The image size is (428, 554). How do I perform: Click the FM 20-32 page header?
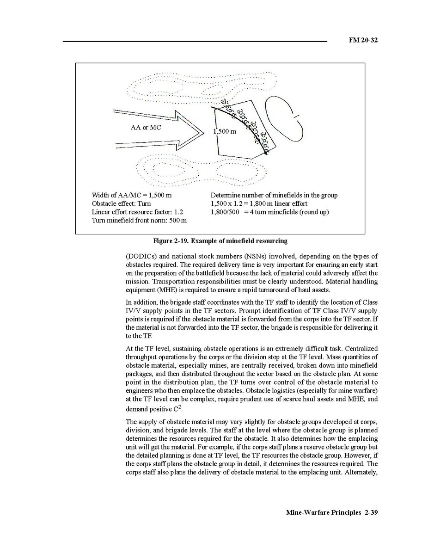363,40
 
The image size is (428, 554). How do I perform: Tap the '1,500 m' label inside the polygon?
225,131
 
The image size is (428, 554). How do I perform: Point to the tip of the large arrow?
203,133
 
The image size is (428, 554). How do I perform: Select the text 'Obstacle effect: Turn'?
121,203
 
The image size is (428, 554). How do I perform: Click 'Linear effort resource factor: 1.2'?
138,212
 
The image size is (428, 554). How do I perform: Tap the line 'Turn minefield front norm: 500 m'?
139,220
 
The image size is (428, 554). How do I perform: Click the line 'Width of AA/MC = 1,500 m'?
132,195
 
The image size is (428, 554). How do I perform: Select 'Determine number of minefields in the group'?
274,195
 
